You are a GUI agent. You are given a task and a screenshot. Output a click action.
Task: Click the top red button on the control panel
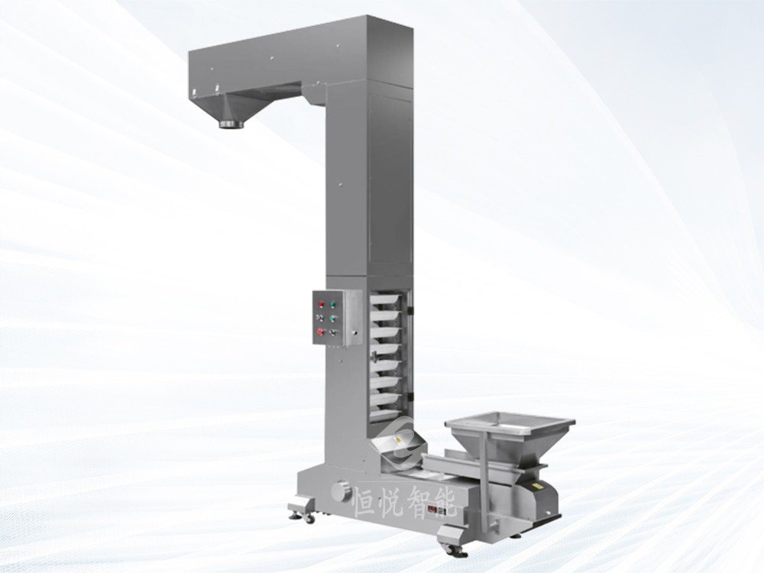321,305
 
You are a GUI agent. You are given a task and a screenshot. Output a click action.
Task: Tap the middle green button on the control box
332,319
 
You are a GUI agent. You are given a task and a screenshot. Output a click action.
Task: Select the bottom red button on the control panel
320,332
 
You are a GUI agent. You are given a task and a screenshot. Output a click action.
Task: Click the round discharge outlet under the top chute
231,125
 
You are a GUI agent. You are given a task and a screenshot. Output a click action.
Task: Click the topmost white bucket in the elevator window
388,300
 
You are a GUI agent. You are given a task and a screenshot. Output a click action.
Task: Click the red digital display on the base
436,509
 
